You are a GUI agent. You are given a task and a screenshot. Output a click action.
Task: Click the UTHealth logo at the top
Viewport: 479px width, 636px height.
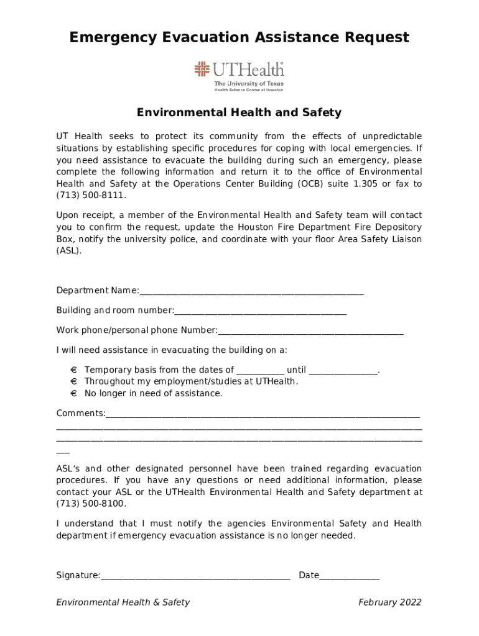[x=240, y=76]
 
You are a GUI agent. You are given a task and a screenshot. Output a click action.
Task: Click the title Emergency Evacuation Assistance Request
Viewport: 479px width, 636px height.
[x=240, y=38]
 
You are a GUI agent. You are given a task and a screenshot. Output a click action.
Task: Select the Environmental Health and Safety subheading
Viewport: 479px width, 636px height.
[x=240, y=112]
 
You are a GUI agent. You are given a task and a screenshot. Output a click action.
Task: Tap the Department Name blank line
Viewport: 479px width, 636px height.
[x=251, y=291]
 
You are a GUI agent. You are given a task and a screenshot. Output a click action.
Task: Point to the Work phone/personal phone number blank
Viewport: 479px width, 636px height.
[x=310, y=330]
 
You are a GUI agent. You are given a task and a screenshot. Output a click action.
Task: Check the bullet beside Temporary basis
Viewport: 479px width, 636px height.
[x=73, y=370]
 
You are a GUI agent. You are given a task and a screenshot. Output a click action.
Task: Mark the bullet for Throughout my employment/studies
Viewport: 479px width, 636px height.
[x=73, y=382]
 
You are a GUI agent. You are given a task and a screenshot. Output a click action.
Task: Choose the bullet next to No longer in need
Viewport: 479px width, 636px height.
[x=73, y=394]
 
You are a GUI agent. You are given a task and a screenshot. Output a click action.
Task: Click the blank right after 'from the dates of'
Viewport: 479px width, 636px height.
[x=260, y=371]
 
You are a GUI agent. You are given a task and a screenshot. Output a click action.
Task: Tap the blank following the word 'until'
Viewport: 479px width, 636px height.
[x=343, y=371]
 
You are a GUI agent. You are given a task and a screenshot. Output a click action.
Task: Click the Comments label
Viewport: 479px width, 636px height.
[x=80, y=414]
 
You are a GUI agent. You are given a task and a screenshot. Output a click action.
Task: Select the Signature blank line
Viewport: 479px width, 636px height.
[x=195, y=576]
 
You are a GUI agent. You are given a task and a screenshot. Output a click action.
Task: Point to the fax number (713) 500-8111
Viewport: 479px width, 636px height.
[x=86, y=196]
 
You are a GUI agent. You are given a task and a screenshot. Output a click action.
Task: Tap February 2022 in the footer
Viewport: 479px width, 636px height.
[x=390, y=602]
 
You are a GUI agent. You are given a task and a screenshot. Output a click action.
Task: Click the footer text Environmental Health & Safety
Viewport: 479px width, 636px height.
[x=123, y=602]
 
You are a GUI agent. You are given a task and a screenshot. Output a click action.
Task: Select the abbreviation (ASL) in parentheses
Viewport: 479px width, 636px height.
[x=68, y=252]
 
